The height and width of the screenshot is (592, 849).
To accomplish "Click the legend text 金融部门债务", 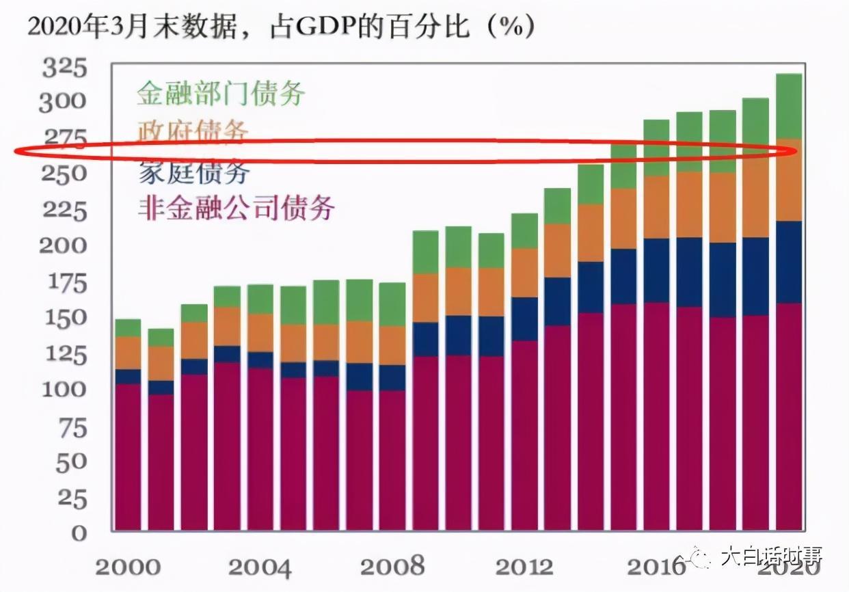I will pos(220,93).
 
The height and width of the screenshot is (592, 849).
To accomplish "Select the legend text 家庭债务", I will pos(193,173).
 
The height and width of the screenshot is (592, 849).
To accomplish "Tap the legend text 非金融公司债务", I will pos(236,207).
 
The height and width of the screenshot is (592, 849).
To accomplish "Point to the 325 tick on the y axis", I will pos(65,68).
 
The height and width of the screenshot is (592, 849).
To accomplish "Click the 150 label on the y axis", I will pos(65,318).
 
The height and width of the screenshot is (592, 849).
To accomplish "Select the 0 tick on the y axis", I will pos(80,533).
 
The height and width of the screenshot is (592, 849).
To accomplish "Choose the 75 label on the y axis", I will pos(71,427).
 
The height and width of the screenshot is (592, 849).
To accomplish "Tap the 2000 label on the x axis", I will pos(128,567).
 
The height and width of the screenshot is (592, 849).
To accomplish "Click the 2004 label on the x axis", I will pos(260,567).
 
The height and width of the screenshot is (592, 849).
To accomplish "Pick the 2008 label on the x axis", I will pos(392,567).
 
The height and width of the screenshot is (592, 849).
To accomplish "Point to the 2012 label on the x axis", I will pos(524,567).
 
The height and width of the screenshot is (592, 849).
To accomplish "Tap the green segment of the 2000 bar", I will pos(128,327).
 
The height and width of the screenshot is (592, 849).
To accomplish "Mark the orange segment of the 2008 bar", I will pos(392,345).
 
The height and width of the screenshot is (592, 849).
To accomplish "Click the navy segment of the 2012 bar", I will pos(524,319).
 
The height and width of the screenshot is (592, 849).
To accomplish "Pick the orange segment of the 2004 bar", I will pos(260,333).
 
